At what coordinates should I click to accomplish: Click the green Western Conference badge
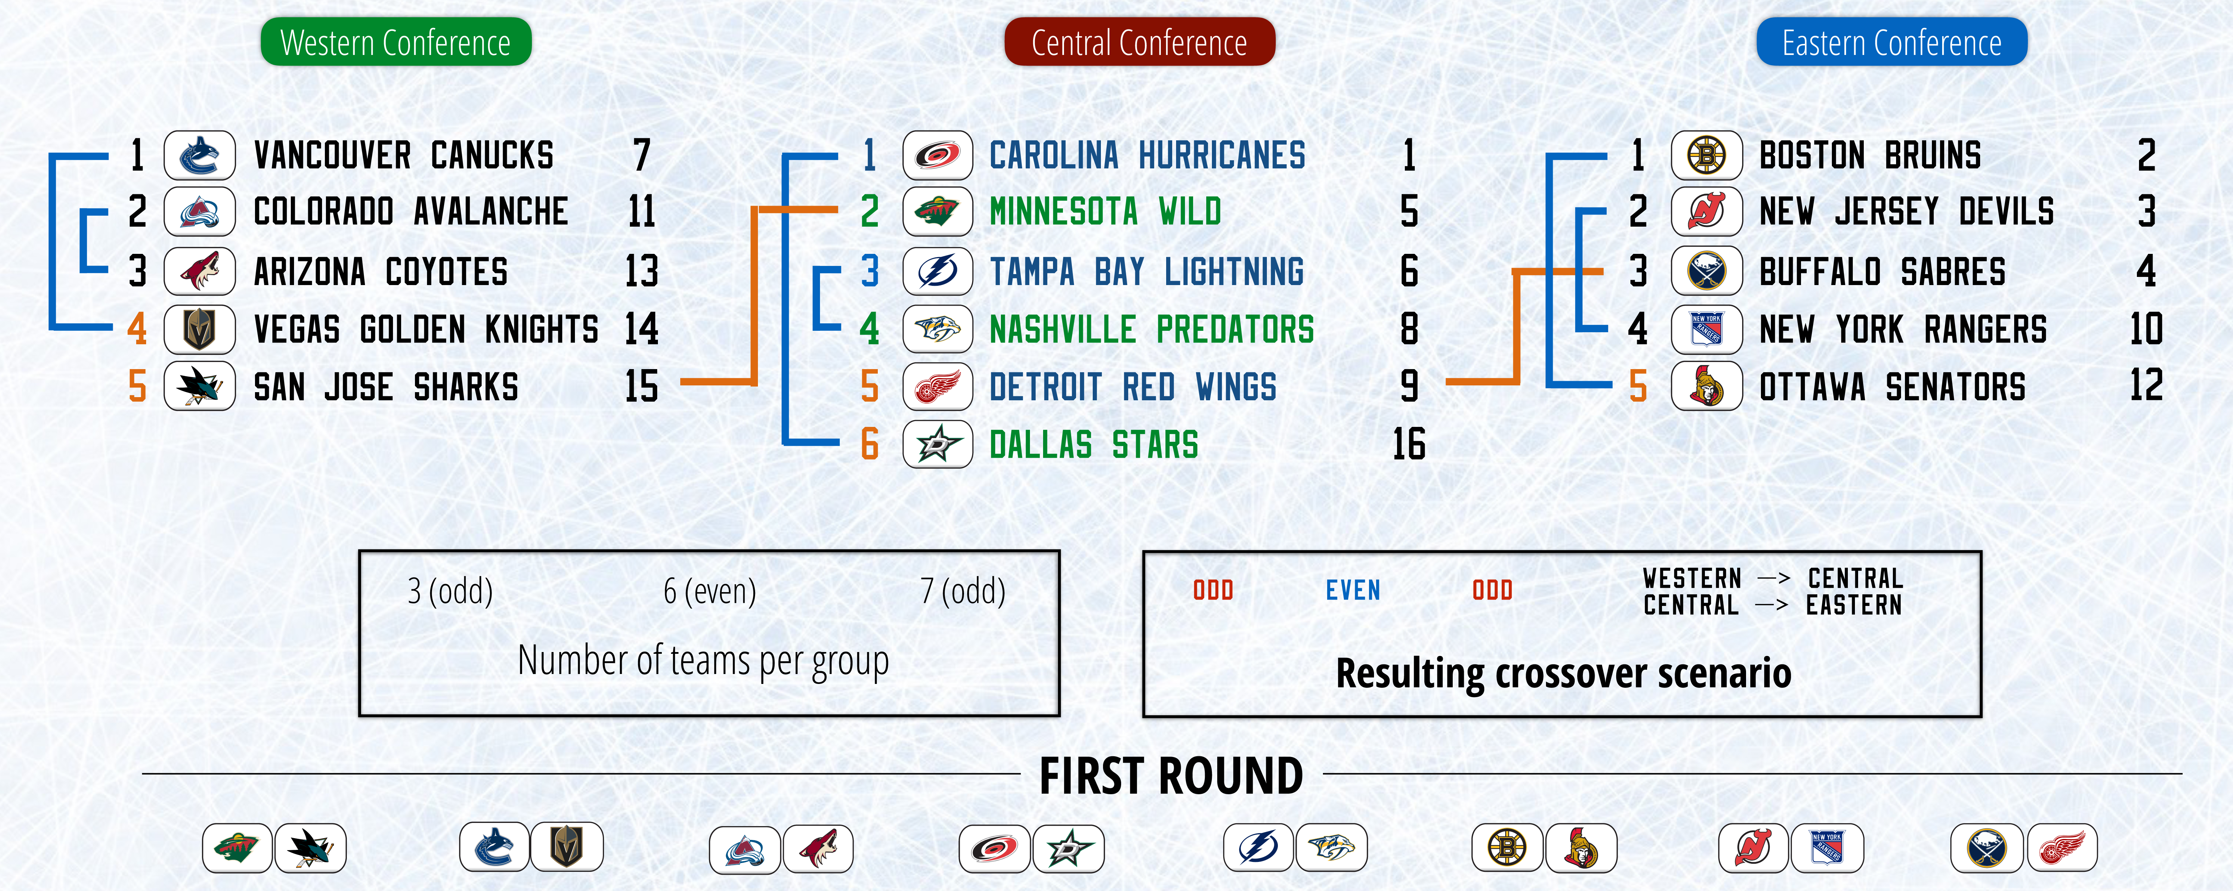(396, 41)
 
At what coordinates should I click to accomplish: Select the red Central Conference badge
(1139, 41)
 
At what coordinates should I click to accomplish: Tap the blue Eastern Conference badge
(1891, 41)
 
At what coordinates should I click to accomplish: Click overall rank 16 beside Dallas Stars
(1409, 445)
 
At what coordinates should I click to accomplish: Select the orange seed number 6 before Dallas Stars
(869, 445)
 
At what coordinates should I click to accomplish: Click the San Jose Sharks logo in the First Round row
(310, 848)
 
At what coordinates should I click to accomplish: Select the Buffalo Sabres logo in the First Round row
(1987, 848)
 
